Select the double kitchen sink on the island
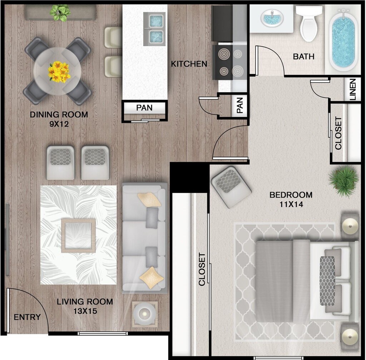(x=155, y=29)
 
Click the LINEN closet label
(x=353, y=89)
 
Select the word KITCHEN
(x=189, y=64)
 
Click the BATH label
(x=303, y=57)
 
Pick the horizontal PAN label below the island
(x=144, y=108)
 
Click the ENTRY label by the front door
(x=27, y=317)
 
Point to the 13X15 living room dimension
(x=85, y=311)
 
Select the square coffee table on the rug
(x=78, y=235)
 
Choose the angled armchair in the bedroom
(x=231, y=186)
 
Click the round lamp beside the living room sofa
(x=145, y=314)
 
